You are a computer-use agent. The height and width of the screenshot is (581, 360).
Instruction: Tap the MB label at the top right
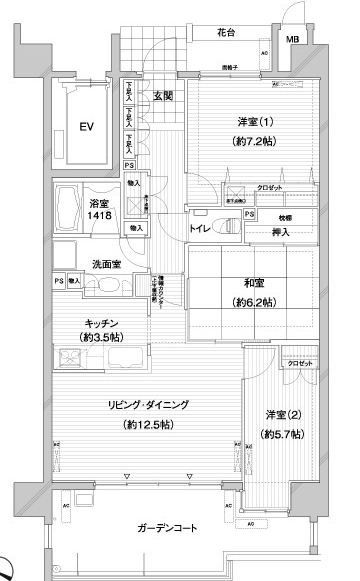(291, 40)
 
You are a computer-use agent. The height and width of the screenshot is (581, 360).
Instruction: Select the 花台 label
(226, 33)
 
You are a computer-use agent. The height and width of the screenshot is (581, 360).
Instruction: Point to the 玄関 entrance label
(164, 96)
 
